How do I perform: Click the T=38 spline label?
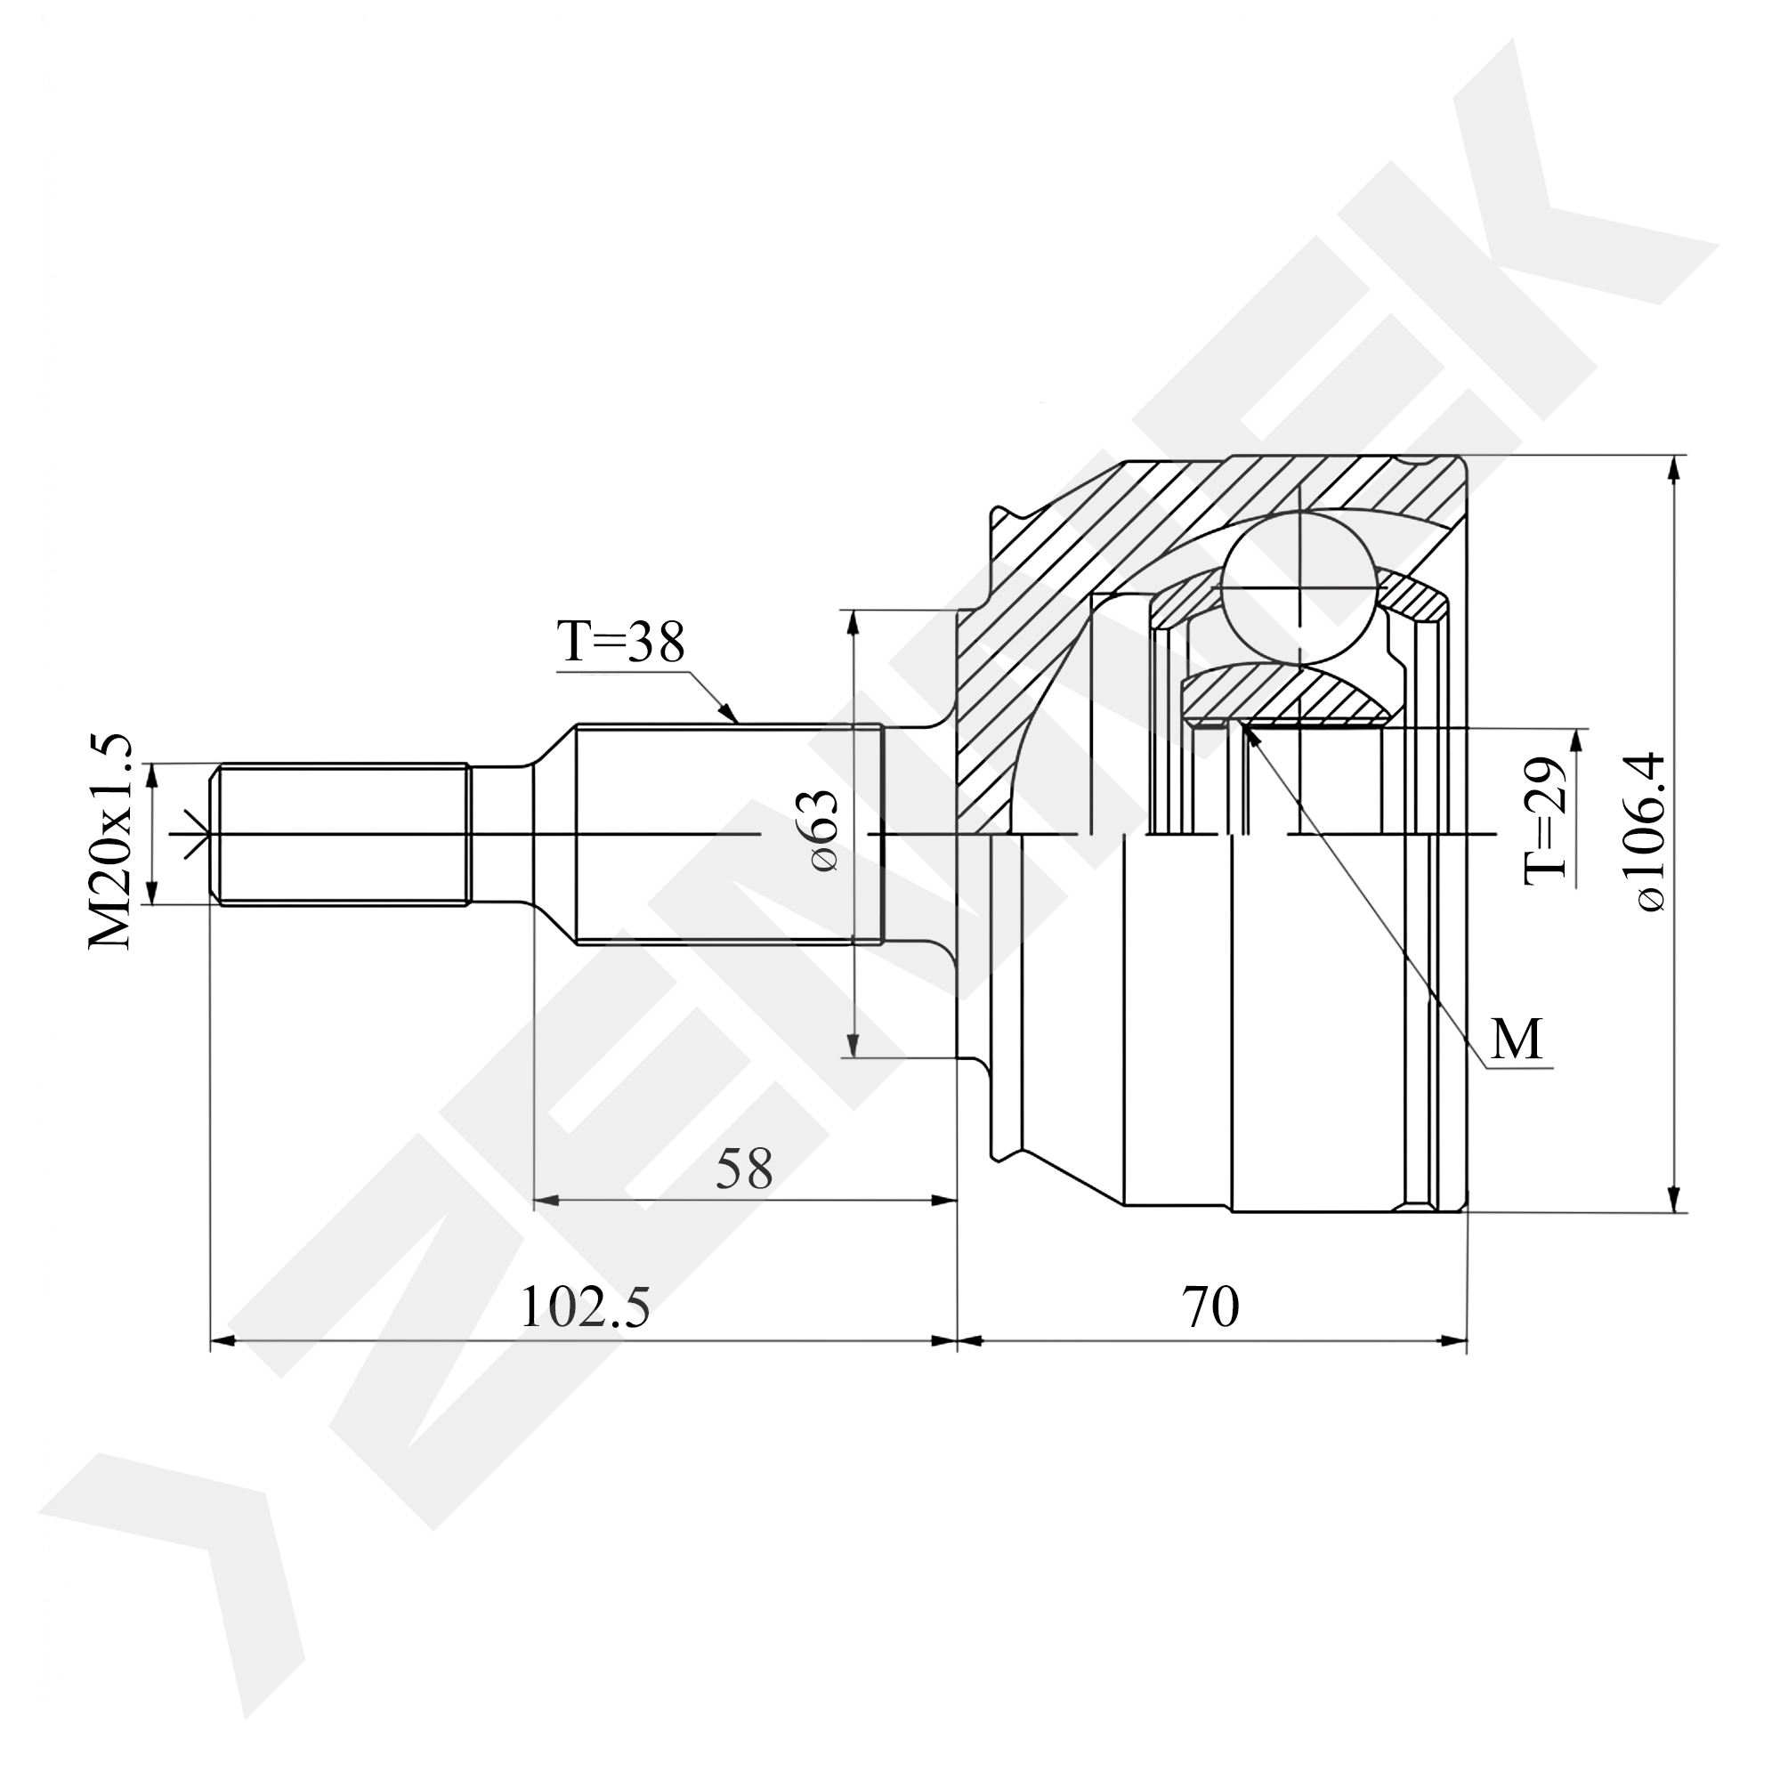(621, 643)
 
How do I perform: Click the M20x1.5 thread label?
(111, 841)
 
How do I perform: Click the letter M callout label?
(1517, 1040)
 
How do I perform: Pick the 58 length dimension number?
(744, 1170)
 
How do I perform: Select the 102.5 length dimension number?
(586, 1307)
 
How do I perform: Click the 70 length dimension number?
(1211, 1307)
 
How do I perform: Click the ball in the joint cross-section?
(1299, 586)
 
